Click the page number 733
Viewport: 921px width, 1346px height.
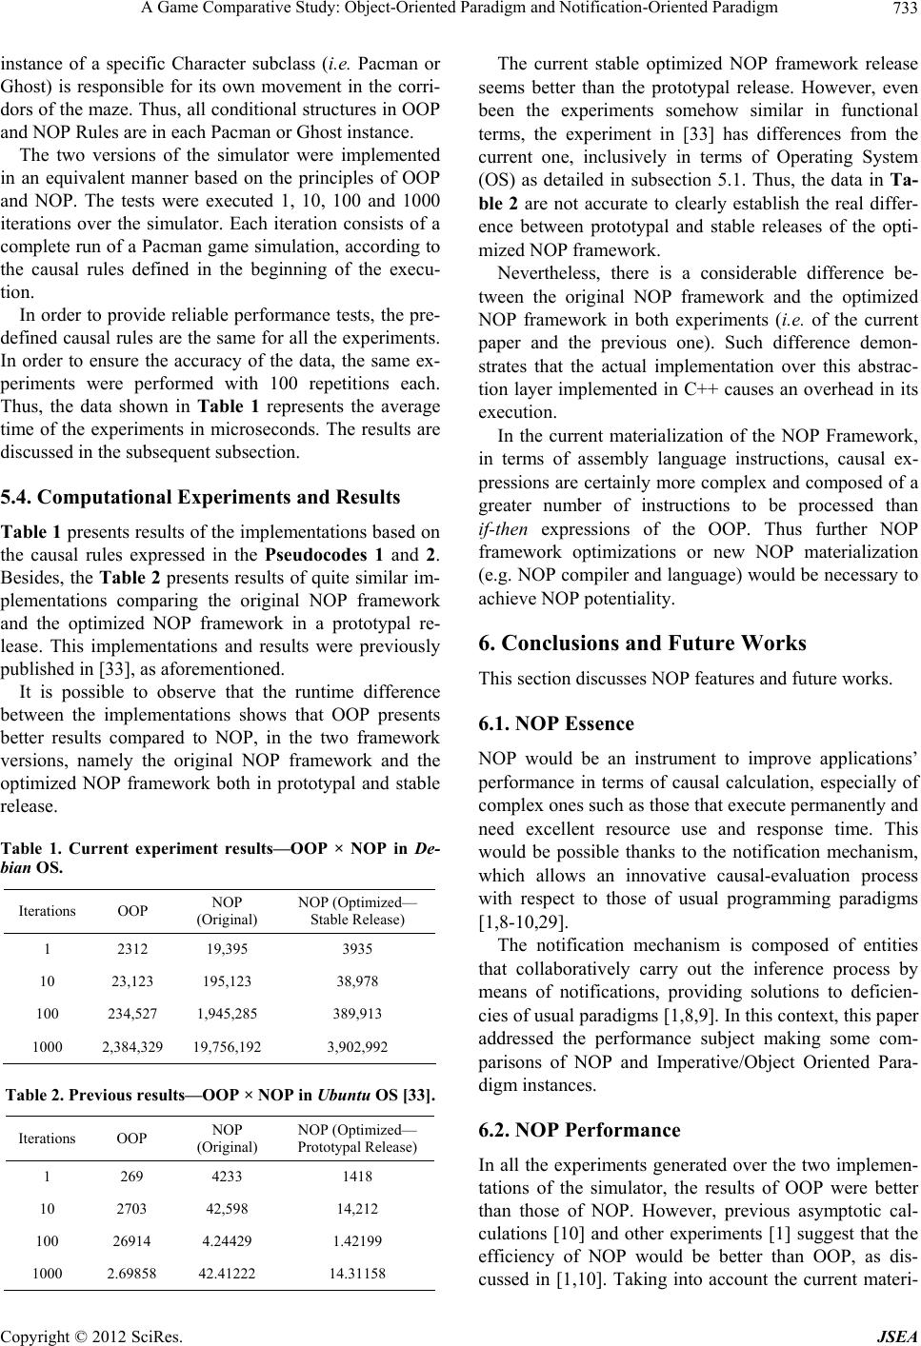tap(902, 10)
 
